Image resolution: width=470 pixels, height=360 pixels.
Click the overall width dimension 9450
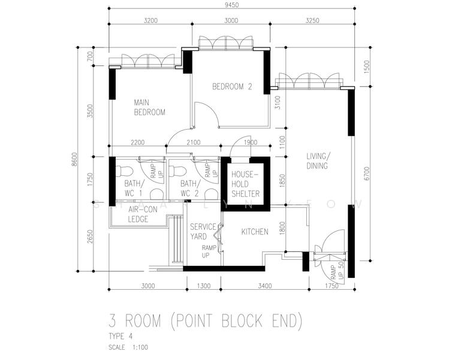point(231,5)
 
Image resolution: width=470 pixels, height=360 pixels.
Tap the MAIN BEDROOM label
point(149,107)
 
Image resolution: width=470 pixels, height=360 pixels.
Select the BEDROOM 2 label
point(233,86)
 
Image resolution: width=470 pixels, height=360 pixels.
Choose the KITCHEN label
point(255,232)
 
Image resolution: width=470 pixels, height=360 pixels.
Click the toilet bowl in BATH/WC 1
point(124,172)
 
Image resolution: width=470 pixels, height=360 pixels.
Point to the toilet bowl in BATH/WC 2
point(178,172)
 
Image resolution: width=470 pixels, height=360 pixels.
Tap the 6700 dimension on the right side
point(367,174)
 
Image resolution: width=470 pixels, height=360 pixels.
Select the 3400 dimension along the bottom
point(265,286)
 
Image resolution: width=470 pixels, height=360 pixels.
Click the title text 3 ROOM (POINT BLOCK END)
point(206,320)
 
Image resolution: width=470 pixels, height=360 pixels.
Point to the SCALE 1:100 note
point(128,347)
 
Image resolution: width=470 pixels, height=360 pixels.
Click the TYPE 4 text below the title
point(120,336)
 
